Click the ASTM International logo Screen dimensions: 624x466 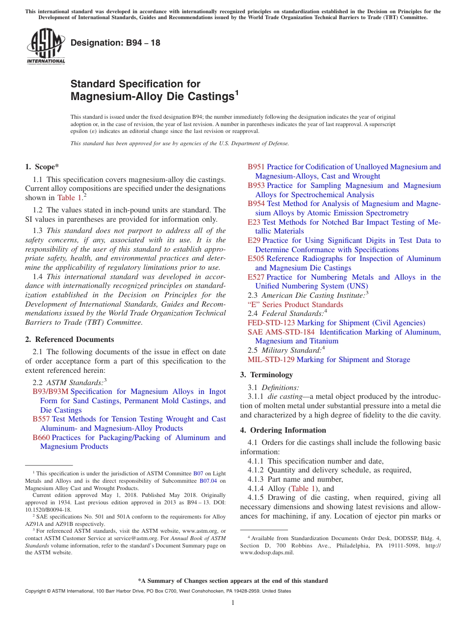46,46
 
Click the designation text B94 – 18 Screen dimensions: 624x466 115,43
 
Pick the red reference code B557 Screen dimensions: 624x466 41,419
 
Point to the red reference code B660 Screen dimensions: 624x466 41,438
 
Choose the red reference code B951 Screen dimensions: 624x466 256,167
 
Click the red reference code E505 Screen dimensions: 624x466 256,259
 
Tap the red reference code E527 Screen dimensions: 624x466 256,277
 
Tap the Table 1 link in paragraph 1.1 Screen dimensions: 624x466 69,198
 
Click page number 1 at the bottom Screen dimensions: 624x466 233,602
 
